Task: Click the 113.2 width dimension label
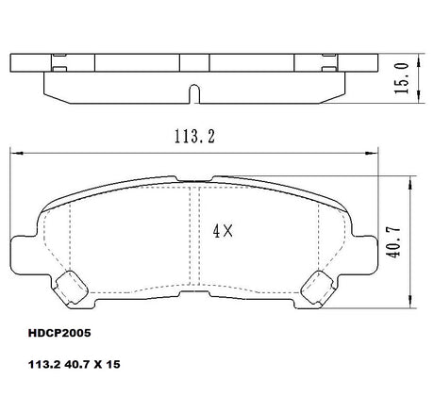tap(194, 137)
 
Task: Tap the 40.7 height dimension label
tap(393, 241)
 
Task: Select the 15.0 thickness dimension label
tap(402, 78)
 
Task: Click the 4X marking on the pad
tap(223, 232)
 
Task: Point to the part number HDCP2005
tap(59, 333)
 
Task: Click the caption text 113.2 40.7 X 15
tap(75, 364)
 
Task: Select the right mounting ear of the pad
tap(364, 254)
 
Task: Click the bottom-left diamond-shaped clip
tap(71, 288)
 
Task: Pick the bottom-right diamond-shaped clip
tap(317, 288)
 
